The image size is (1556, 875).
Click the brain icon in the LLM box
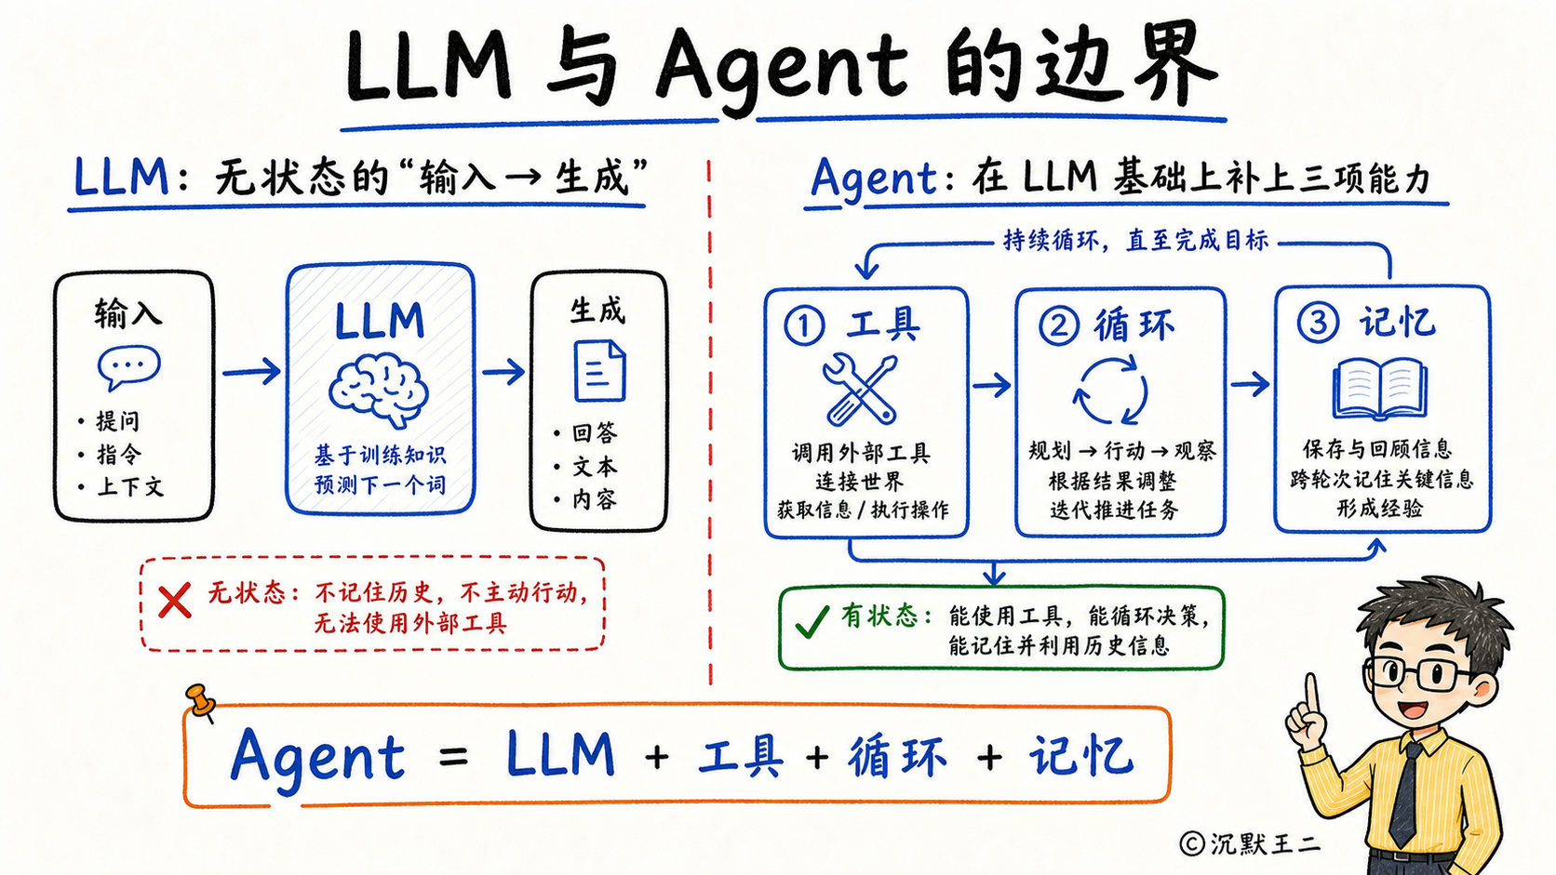click(x=378, y=389)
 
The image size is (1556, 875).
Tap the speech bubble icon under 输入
click(x=129, y=367)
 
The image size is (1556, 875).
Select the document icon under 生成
click(x=599, y=370)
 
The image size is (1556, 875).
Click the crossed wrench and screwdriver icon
click(x=860, y=390)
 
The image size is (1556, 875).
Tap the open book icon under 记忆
click(x=1379, y=389)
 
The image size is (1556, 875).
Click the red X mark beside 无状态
click(x=174, y=601)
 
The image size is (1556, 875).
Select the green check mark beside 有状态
click(x=812, y=621)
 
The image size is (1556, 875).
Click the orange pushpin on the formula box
click(x=201, y=702)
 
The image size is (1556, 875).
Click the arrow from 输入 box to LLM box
click(x=251, y=372)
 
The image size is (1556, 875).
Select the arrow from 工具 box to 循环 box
click(x=991, y=385)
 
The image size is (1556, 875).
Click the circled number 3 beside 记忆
click(x=1318, y=323)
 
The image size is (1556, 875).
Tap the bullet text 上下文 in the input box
click(x=130, y=486)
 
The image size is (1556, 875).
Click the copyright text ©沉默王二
click(x=1250, y=843)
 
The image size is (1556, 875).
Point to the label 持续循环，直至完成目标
click(x=1135, y=240)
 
